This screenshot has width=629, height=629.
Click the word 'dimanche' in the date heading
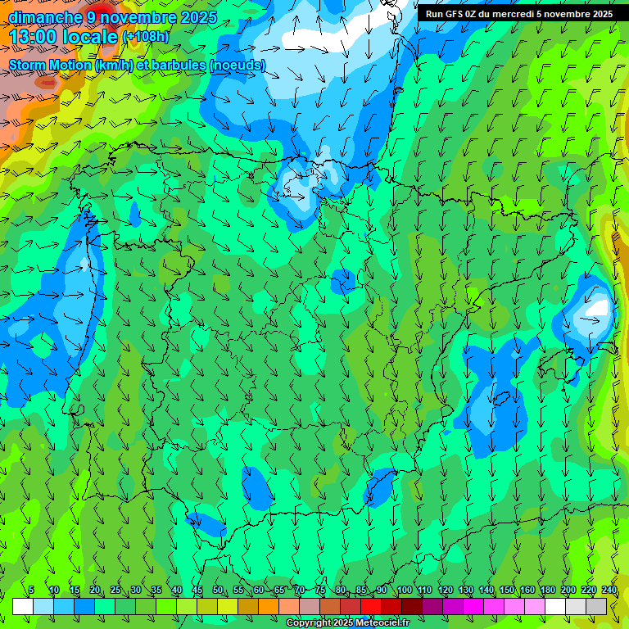tap(44, 17)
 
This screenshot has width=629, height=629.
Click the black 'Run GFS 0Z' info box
tap(518, 14)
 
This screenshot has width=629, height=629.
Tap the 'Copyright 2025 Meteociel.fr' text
tap(347, 623)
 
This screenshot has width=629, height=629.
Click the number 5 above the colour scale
tap(31, 591)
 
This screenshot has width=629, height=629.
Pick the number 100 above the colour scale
tap(404, 591)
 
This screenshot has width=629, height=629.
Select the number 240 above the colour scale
tap(609, 591)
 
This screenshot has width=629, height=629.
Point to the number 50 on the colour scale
tap(218, 591)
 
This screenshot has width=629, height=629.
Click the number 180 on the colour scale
tap(547, 591)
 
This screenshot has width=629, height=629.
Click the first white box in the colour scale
tap(23, 606)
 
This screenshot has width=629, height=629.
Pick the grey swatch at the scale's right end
tap(596, 606)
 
